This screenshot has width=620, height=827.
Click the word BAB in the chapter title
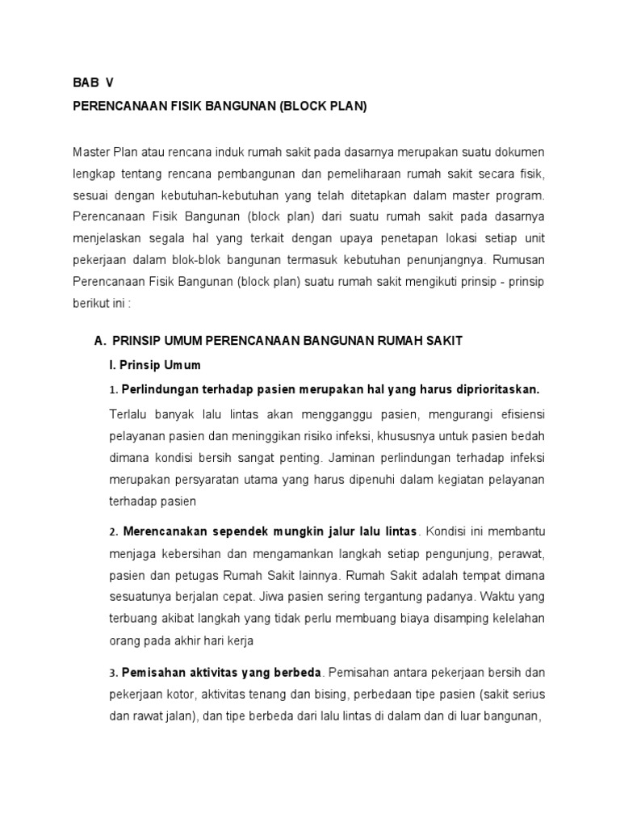click(x=85, y=82)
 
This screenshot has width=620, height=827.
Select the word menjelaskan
click(x=107, y=239)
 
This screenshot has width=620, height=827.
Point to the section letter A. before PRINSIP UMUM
click(x=100, y=341)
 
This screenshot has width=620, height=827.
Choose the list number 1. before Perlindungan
click(x=113, y=390)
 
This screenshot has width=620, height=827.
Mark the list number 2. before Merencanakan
click(x=113, y=532)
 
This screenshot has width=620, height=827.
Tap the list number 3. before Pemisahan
click(x=113, y=673)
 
